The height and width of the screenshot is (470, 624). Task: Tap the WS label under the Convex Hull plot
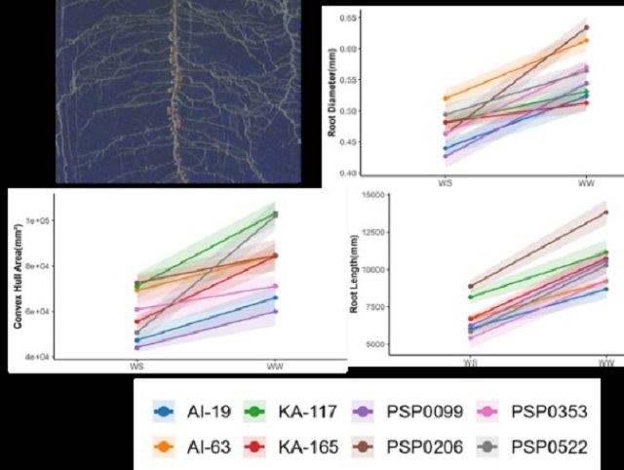tap(136, 365)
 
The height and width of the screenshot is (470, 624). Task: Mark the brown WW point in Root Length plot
tap(605, 212)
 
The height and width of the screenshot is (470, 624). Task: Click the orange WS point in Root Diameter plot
tap(446, 98)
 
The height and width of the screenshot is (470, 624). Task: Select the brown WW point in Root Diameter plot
tap(585, 27)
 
